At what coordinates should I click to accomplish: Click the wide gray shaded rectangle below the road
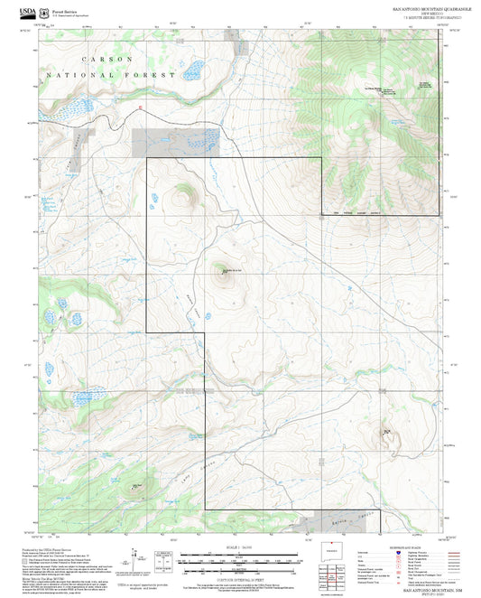tap(173, 140)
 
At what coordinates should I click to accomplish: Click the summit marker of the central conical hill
tap(223, 269)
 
